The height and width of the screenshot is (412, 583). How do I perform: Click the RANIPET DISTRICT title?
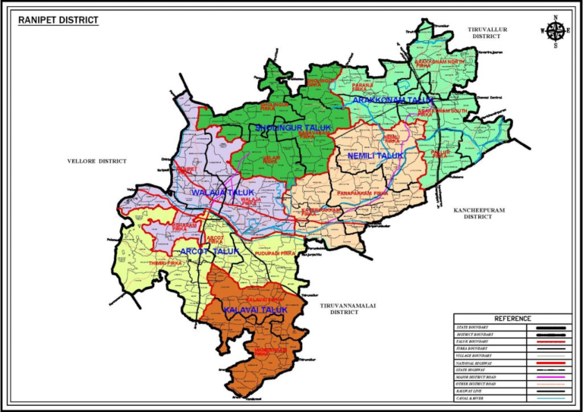(58, 20)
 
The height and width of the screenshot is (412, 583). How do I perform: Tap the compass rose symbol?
(556, 30)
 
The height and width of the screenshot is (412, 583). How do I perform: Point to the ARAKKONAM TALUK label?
(392, 100)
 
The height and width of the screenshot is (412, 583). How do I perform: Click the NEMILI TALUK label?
(376, 156)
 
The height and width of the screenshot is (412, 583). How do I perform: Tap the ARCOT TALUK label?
(210, 251)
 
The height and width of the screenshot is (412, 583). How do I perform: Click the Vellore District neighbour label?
(96, 162)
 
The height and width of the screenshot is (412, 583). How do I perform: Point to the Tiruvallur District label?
(487, 32)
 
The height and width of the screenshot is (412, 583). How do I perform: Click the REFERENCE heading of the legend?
(512, 319)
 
